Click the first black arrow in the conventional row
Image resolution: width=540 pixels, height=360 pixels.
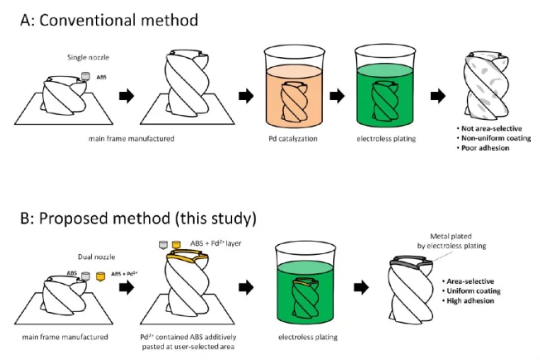click(125, 96)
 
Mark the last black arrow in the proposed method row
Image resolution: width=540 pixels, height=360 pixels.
click(361, 287)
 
